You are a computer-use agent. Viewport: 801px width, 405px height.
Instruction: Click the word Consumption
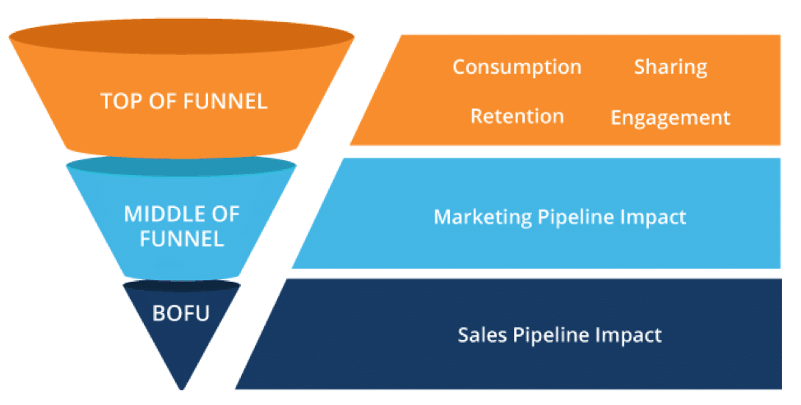(516, 67)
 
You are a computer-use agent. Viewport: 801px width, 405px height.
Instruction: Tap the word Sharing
(670, 67)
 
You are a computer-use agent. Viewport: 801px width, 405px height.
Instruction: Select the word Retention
(516, 116)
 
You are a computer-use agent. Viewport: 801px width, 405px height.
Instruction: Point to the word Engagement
(670, 117)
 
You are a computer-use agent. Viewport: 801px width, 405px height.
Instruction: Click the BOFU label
(182, 312)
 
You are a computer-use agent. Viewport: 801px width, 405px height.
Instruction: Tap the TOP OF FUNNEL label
(183, 101)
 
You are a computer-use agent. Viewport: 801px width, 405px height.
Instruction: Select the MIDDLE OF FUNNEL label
(182, 227)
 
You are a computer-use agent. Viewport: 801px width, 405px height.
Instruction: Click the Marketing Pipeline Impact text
(559, 217)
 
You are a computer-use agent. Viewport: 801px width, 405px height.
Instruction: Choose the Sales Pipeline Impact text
(559, 334)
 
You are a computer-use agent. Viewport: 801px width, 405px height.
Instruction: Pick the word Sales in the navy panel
(475, 334)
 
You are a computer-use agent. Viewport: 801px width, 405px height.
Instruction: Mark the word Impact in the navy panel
(634, 334)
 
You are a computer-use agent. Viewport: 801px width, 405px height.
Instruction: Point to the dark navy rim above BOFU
(182, 286)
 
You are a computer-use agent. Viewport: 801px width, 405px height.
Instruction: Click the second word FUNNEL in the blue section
(183, 240)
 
